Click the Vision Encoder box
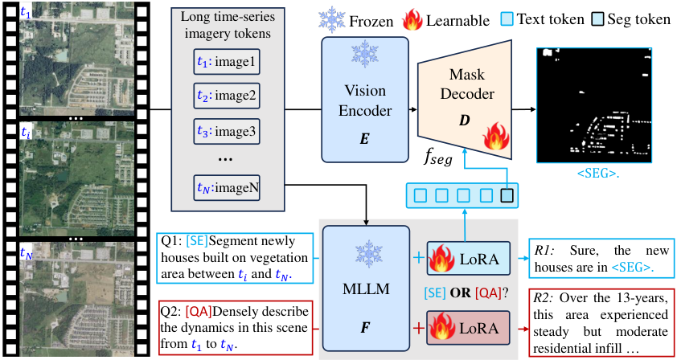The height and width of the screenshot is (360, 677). [x=365, y=100]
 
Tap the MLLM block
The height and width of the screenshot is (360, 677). [x=365, y=289]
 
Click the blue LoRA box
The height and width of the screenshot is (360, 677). [x=469, y=259]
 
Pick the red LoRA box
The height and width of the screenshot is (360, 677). [x=469, y=328]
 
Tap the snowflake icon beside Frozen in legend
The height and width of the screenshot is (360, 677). [x=331, y=20]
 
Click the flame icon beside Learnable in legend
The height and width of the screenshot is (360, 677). [x=412, y=20]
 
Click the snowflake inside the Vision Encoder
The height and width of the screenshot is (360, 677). [x=365, y=54]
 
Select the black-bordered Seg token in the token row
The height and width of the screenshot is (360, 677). [x=507, y=195]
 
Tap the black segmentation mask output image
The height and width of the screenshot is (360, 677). [x=593, y=105]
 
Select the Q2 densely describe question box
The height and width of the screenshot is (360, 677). [x=235, y=328]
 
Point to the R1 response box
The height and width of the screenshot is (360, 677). [x=601, y=257]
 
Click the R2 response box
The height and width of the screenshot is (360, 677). [x=601, y=322]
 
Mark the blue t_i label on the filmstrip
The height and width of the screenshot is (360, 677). [x=26, y=133]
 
